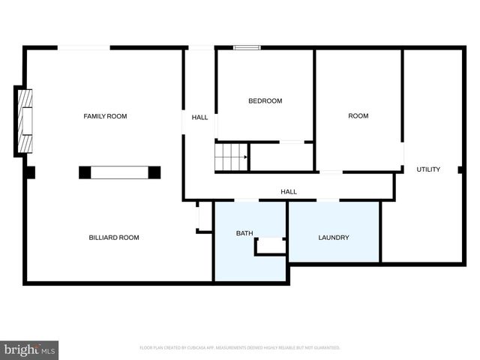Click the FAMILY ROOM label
(x=105, y=116)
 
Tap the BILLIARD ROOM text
(x=114, y=238)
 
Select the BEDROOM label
(x=265, y=101)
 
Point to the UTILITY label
(x=428, y=169)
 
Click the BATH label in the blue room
(x=244, y=233)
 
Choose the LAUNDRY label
(x=334, y=238)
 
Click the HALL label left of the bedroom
(x=199, y=118)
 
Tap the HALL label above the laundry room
(x=289, y=192)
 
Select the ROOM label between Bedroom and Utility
(x=358, y=116)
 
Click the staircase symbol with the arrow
(x=232, y=157)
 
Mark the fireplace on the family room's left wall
(x=24, y=121)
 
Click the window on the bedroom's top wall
(x=247, y=48)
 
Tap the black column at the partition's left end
(x=85, y=172)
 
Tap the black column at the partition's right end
(x=154, y=172)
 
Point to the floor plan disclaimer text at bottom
(x=240, y=348)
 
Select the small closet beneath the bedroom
(x=281, y=157)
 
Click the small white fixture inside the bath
(x=271, y=245)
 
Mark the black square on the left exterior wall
(x=30, y=172)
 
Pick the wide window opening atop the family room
(x=84, y=48)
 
